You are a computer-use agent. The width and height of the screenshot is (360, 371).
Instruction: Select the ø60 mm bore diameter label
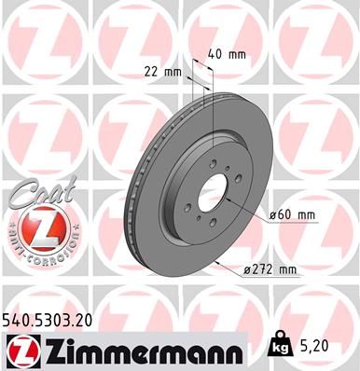pos(292,216)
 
